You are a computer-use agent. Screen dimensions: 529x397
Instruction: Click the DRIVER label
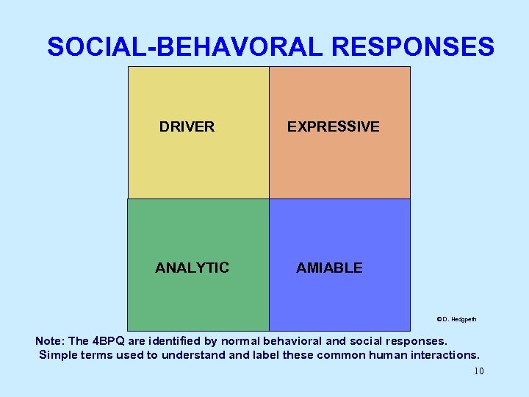coord(187,126)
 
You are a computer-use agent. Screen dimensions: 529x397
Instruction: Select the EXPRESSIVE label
coord(333,126)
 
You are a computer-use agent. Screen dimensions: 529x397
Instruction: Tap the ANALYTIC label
coord(192,268)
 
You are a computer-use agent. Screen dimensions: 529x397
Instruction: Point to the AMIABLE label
coord(329,268)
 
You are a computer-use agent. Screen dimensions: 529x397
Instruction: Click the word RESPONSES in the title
coord(413,47)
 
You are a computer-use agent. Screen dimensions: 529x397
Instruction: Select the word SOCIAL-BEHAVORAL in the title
coord(184,47)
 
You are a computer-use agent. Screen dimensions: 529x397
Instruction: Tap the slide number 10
coord(478,371)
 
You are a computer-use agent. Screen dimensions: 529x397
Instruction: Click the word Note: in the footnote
coord(51,341)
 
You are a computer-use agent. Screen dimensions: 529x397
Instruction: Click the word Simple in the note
coord(58,355)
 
